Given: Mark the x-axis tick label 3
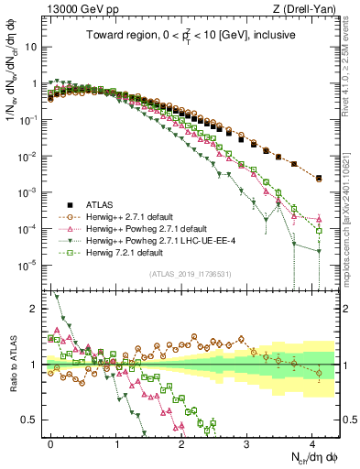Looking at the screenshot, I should coord(247,442).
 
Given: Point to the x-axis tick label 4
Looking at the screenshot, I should coord(312,442).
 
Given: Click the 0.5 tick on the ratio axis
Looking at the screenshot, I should coord(34,420).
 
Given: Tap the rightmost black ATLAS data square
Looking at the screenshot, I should coord(319,179).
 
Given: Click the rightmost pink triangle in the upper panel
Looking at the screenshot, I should coord(319,219).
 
